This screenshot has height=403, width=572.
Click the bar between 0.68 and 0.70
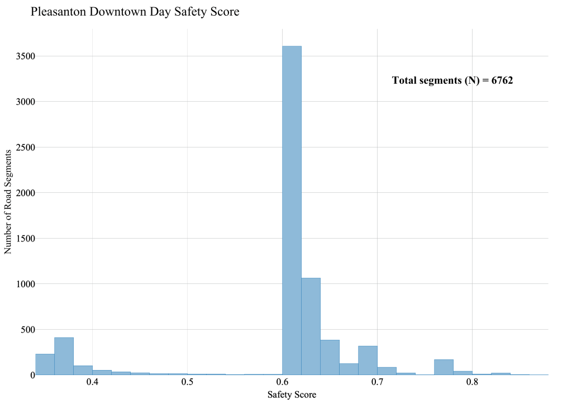[368, 361]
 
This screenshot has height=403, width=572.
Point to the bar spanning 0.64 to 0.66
[330, 358]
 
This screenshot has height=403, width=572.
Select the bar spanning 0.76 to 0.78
[444, 367]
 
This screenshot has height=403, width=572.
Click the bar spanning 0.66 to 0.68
[349, 369]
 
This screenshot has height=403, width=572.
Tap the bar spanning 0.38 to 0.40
[83, 371]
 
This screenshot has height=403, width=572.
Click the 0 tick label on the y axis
[27, 375]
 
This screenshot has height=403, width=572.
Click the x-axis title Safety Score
[292, 395]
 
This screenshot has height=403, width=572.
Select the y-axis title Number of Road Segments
[8, 201]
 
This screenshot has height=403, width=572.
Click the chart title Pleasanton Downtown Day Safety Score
[135, 12]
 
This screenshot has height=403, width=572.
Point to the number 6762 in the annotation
[502, 80]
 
